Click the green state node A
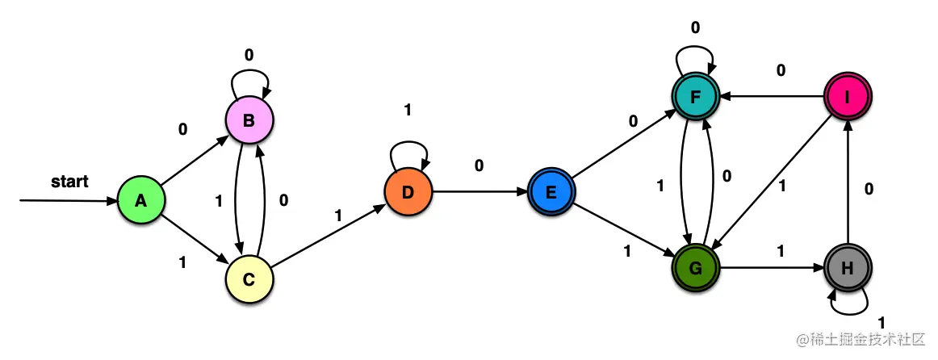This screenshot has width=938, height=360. tap(140, 200)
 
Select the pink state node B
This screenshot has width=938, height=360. tap(249, 120)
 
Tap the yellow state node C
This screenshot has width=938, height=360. tap(249, 279)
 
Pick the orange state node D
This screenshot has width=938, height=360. tap(408, 192)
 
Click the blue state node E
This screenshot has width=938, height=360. tap(551, 192)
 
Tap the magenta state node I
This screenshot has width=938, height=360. tap(848, 98)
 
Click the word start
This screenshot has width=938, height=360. tap(69, 181)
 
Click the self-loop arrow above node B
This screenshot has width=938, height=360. tap(249, 80)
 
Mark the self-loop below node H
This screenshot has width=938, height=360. tap(849, 305)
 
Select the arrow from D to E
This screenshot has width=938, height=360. tap(479, 192)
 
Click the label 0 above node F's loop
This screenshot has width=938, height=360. tap(695, 27)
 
